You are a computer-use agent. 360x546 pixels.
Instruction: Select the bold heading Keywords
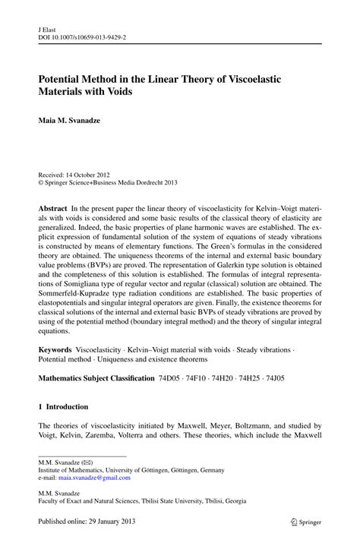point(56,353)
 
